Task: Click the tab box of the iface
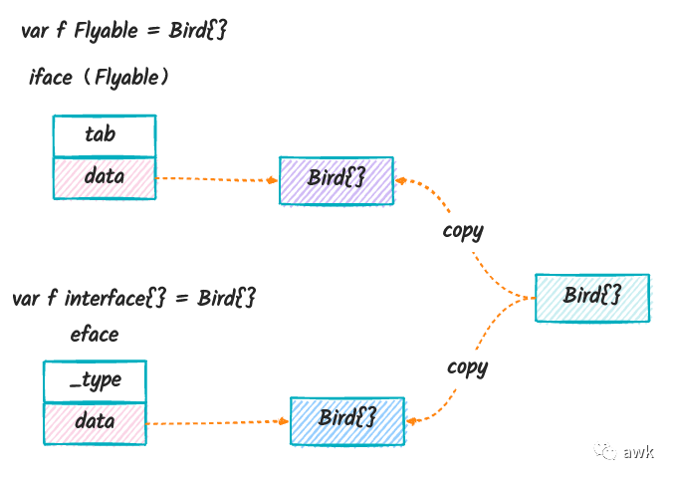(x=105, y=135)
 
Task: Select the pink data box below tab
(x=105, y=178)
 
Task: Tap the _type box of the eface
(x=96, y=381)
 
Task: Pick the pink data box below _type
(x=96, y=423)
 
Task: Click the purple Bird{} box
(x=337, y=180)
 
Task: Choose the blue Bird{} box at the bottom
(x=347, y=421)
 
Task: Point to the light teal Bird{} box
(x=592, y=298)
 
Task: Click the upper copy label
(x=463, y=231)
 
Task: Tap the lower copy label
(x=468, y=367)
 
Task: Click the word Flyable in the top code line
(x=107, y=31)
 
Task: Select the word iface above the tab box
(x=51, y=77)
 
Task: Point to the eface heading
(x=95, y=335)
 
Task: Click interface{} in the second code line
(x=114, y=298)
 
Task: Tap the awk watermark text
(x=638, y=452)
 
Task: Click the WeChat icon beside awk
(x=605, y=451)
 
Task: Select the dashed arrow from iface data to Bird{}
(x=217, y=179)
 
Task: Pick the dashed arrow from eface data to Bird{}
(x=218, y=422)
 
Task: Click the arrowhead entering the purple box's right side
(x=401, y=180)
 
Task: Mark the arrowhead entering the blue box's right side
(x=412, y=421)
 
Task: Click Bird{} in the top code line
(x=197, y=31)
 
